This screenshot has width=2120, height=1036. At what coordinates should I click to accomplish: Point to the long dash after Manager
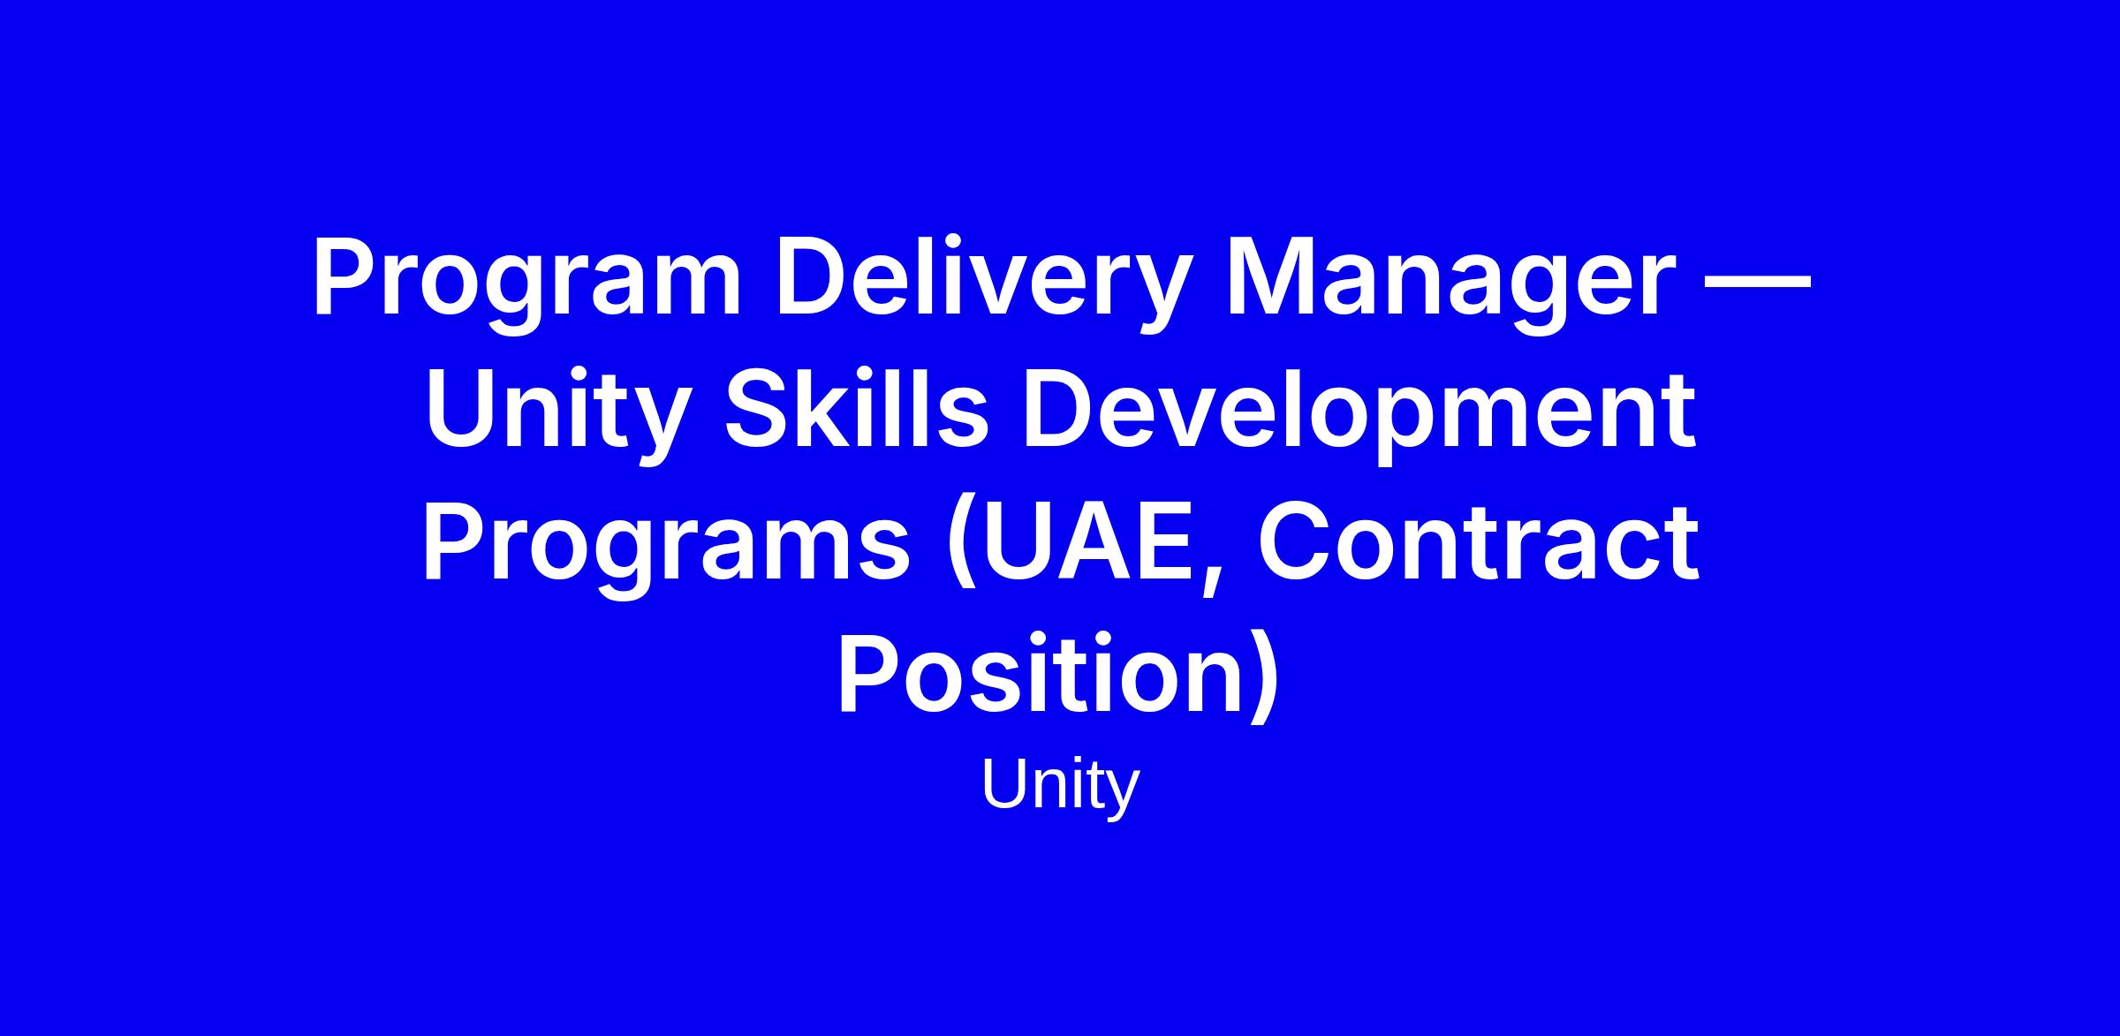pyautogui.click(x=1756, y=284)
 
